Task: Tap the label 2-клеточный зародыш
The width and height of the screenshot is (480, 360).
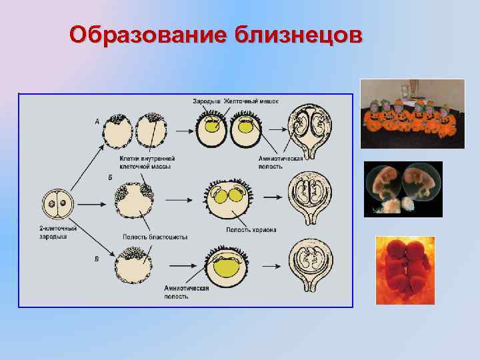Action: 57,233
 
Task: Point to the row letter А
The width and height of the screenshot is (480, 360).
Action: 97,122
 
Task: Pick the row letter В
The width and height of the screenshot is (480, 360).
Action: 97,258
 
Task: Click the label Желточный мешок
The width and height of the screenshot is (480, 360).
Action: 251,101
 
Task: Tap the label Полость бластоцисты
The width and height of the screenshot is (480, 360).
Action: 155,237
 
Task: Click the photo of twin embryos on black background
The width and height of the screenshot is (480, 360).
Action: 403,189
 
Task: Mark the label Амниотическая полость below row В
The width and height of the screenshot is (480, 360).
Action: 187,292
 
